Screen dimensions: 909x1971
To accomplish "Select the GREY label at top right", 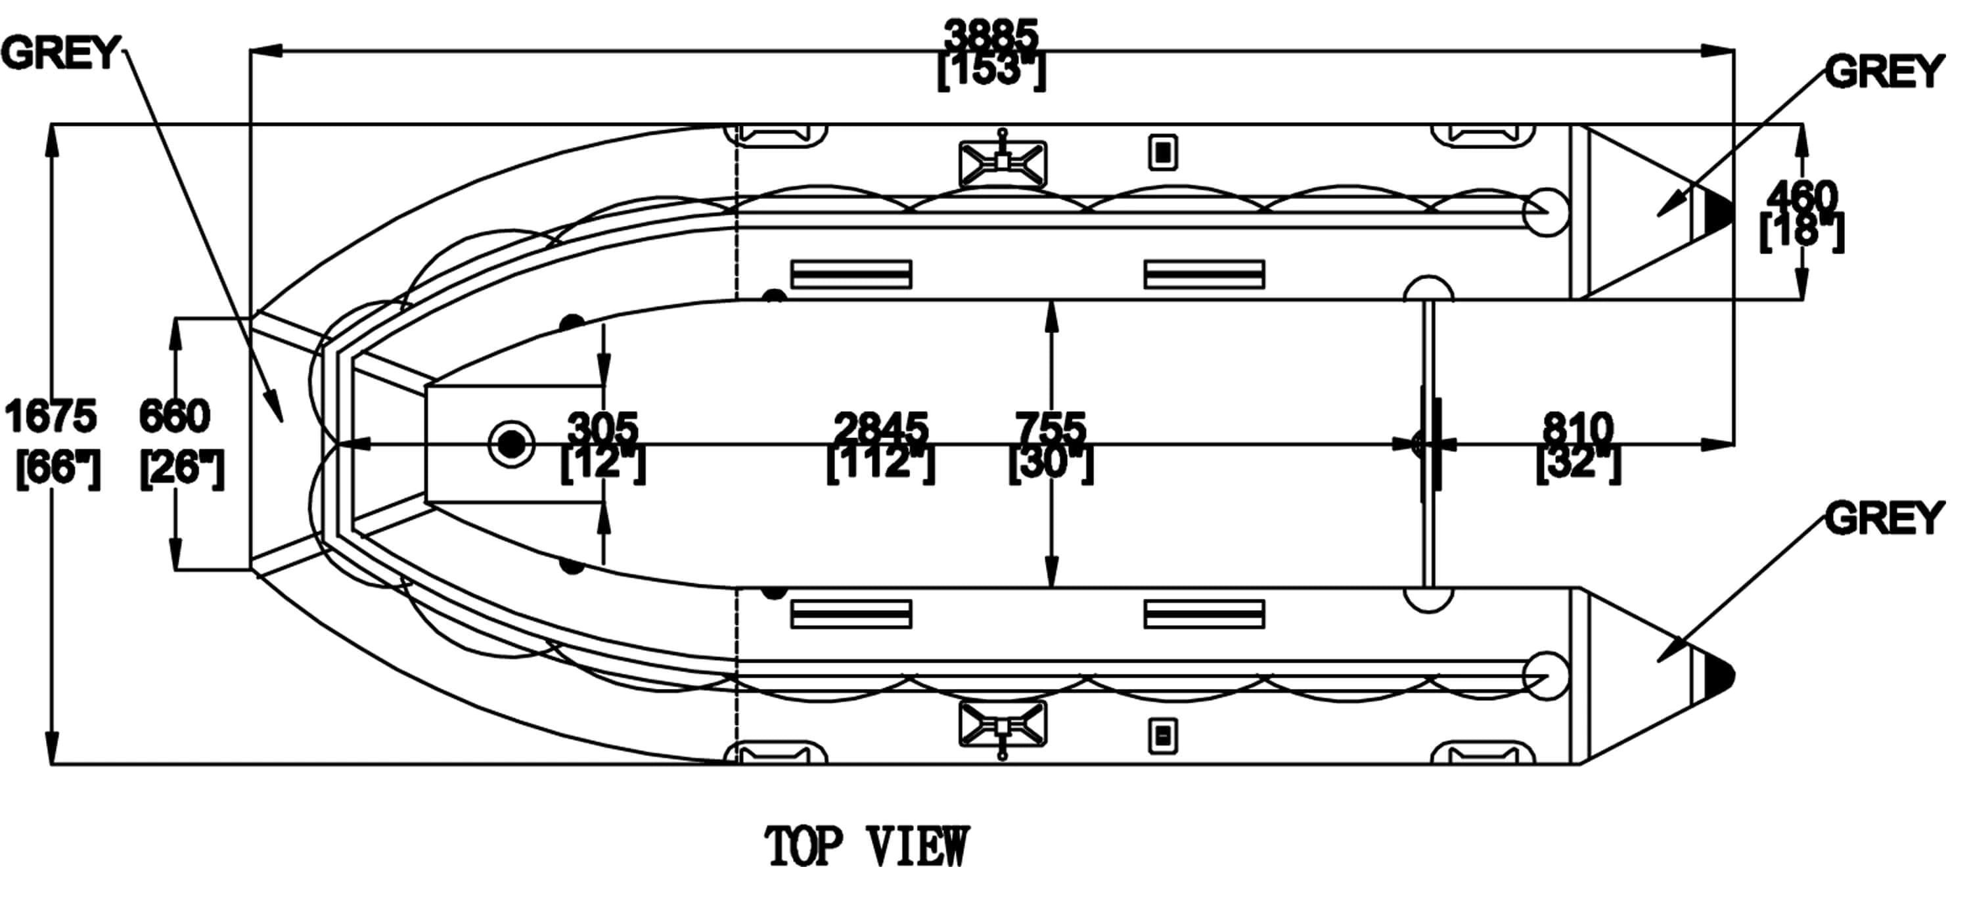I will point(1884,72).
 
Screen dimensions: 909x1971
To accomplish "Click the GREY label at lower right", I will point(1884,519).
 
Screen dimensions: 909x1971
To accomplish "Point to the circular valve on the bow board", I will point(511,444).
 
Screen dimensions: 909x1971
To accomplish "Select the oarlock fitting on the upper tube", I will point(1003,162).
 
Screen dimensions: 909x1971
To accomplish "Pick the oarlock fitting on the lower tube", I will point(1003,725).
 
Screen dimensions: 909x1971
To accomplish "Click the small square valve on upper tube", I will point(1162,152).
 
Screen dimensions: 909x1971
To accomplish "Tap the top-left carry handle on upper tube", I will point(776,135).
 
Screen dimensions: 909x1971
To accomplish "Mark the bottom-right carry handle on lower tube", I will point(1483,754).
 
